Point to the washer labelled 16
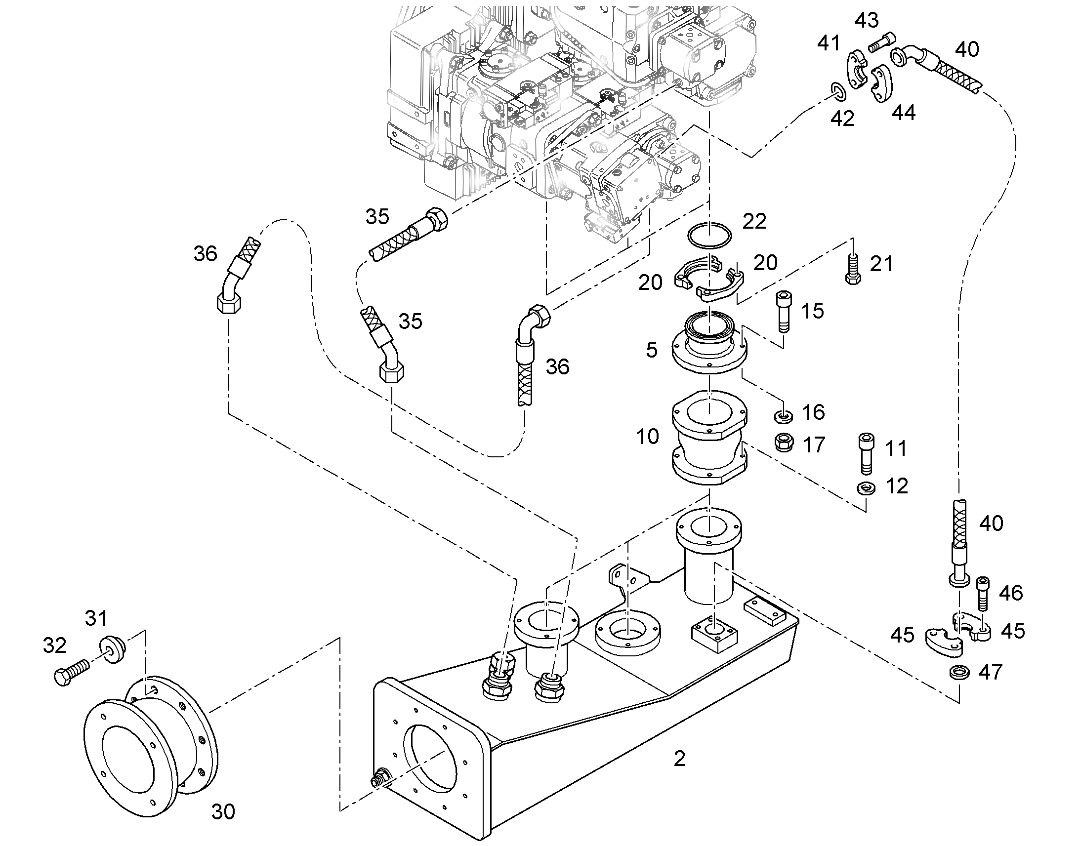pyautogui.click(x=783, y=415)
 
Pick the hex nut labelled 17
pyautogui.click(x=783, y=442)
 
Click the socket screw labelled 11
pyautogui.click(x=866, y=454)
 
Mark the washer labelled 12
pyautogui.click(x=866, y=488)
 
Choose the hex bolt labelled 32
pyautogui.click(x=71, y=671)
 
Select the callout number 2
pyautogui.click(x=679, y=759)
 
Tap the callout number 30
pyautogui.click(x=223, y=812)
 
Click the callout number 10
pyautogui.click(x=648, y=437)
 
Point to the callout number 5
pyautogui.click(x=652, y=350)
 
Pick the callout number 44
pyautogui.click(x=904, y=113)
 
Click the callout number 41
pyautogui.click(x=829, y=43)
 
